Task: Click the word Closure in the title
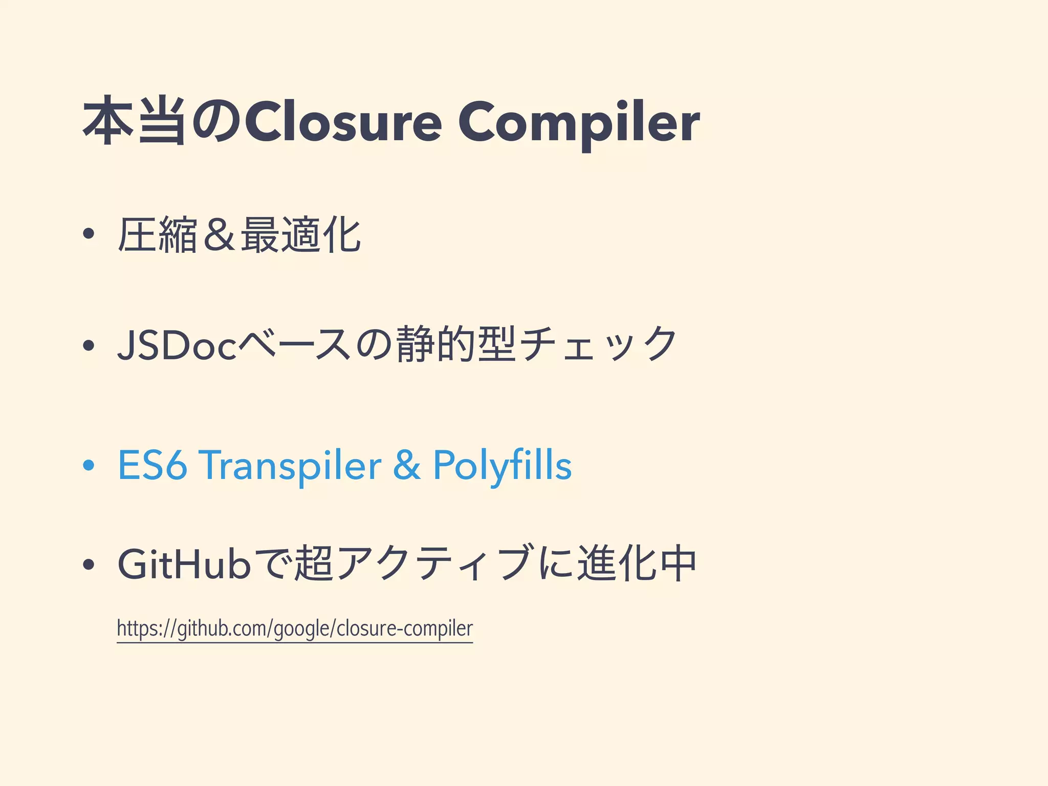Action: pyautogui.click(x=343, y=122)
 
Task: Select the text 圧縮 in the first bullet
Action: pyautogui.click(x=158, y=235)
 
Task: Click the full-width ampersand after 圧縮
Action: pyautogui.click(x=219, y=235)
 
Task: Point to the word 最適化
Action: pyautogui.click(x=301, y=235)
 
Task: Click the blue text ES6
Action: pyautogui.click(x=152, y=465)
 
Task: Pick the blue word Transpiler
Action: pyautogui.click(x=290, y=465)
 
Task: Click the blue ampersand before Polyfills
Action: pyautogui.click(x=407, y=465)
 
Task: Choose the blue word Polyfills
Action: pyautogui.click(x=502, y=465)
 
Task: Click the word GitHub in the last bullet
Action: pyautogui.click(x=184, y=564)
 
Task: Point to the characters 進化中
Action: pyautogui.click(x=637, y=564)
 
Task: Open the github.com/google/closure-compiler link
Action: pyautogui.click(x=295, y=628)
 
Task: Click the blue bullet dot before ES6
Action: pyautogui.click(x=89, y=465)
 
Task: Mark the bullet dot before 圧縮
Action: pyautogui.click(x=89, y=235)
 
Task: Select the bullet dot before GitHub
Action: pyautogui.click(x=89, y=565)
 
